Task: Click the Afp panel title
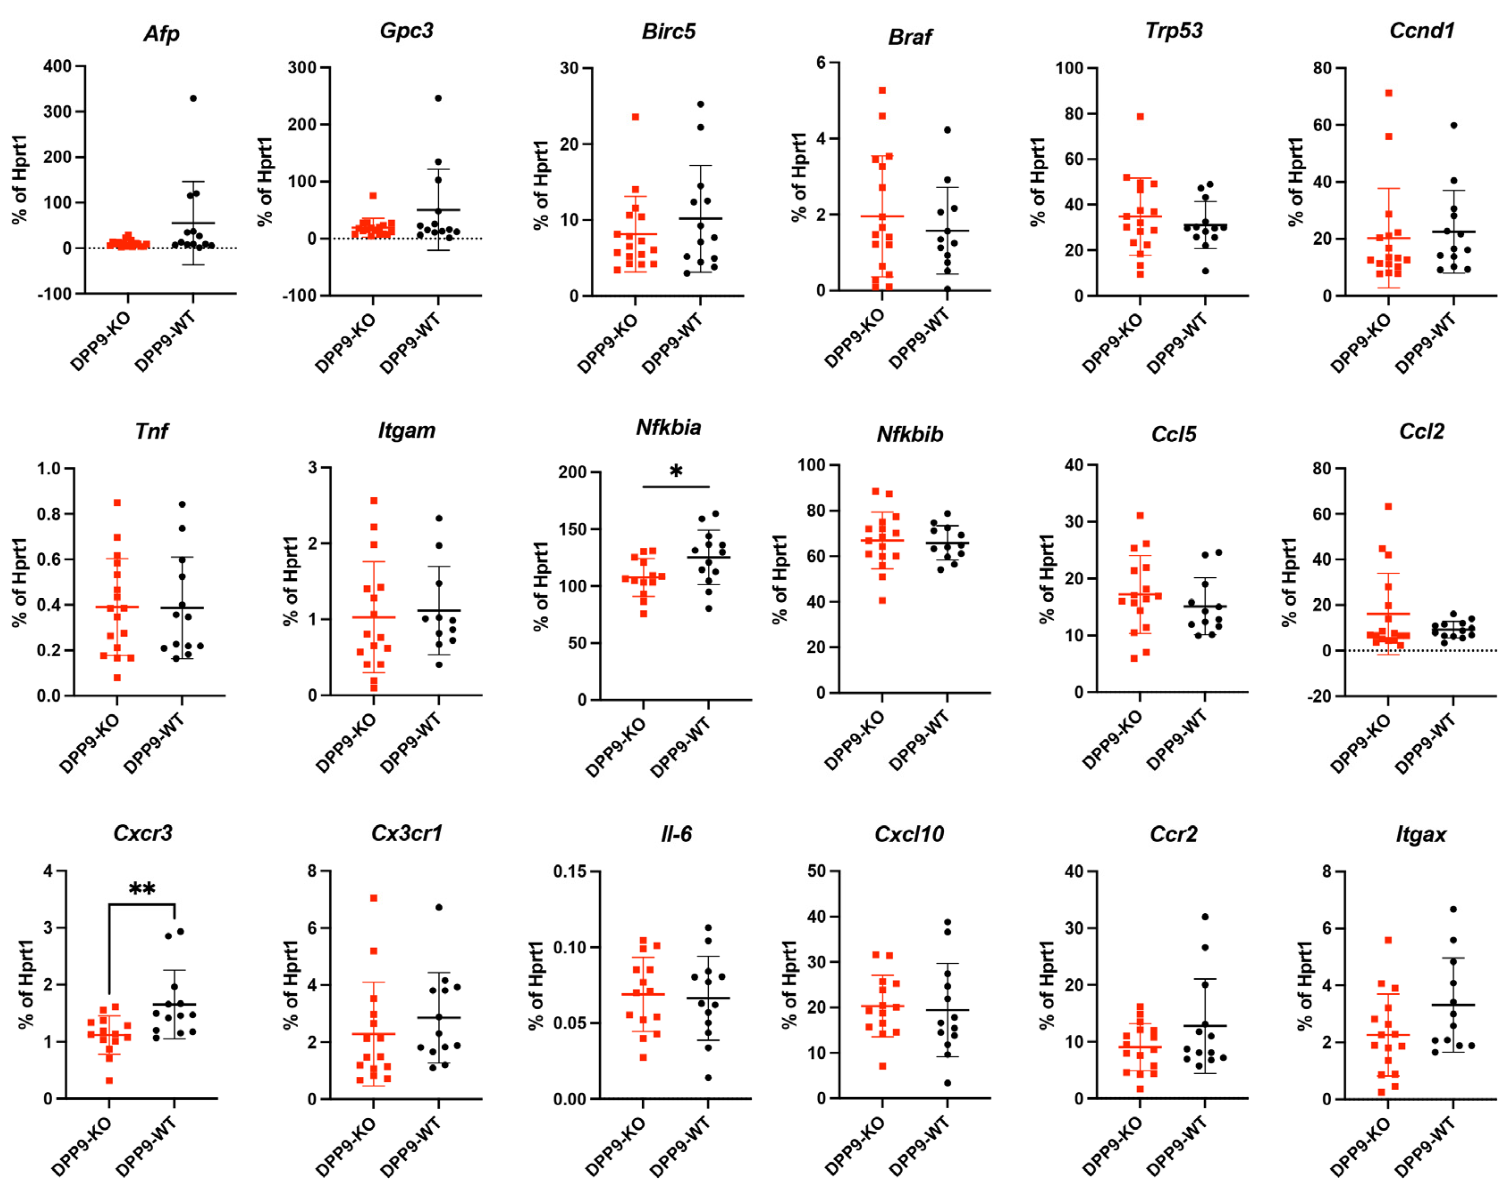[161, 34]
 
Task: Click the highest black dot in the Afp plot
[193, 98]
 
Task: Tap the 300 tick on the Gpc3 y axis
[302, 68]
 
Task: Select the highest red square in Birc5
[635, 117]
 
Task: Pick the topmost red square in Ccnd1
[1388, 93]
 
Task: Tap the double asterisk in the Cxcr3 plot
[142, 889]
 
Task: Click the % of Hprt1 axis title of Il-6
[536, 985]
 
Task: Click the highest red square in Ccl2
[1388, 506]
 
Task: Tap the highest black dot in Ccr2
[1205, 916]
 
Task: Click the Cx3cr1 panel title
[406, 833]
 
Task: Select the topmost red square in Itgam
[374, 500]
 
